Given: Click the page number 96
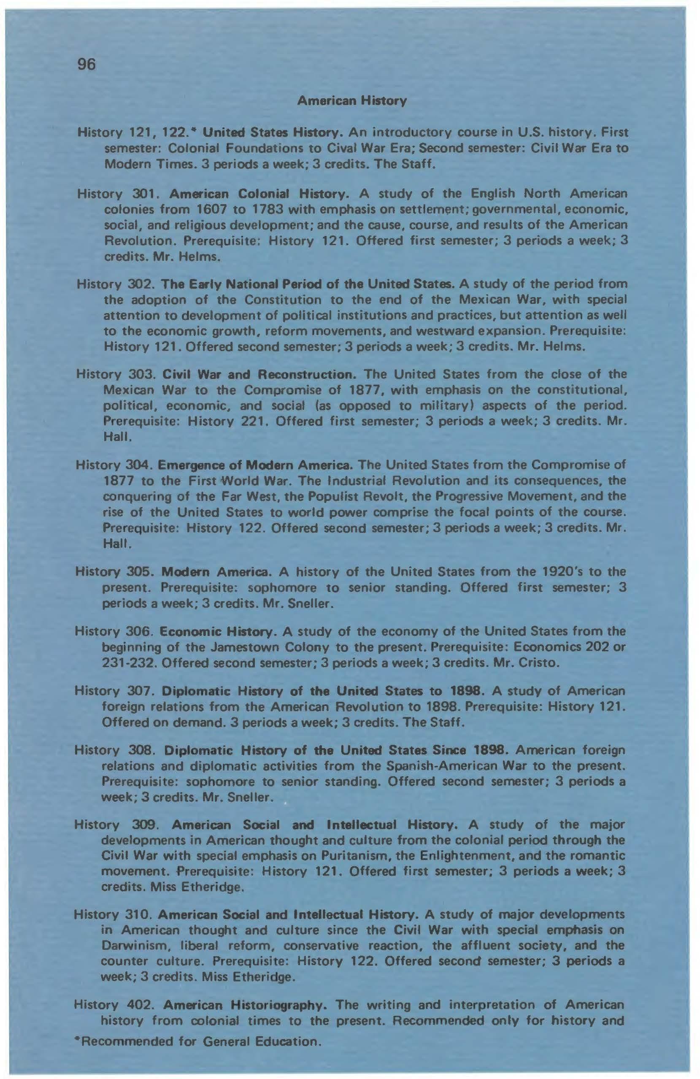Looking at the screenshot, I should point(86,65).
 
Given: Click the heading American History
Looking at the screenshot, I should point(351,101).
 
